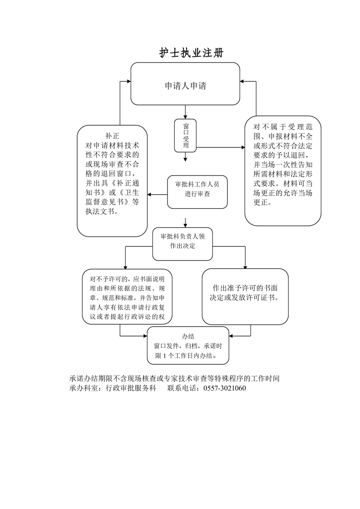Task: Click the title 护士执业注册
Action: click(x=191, y=53)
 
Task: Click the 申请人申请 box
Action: click(x=185, y=85)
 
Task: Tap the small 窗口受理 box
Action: click(x=185, y=135)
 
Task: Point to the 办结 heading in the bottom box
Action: click(x=188, y=337)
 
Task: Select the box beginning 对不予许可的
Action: click(x=127, y=297)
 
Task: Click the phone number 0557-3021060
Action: click(x=225, y=388)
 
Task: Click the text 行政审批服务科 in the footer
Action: click(x=131, y=388)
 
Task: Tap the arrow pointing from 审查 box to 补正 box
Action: click(x=158, y=195)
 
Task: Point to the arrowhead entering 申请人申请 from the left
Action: click(x=128, y=82)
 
